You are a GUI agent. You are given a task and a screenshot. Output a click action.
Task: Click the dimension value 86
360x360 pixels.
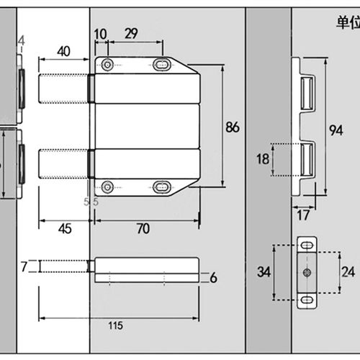(x=232, y=127)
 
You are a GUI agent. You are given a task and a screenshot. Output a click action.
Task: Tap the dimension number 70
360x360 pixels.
(x=143, y=229)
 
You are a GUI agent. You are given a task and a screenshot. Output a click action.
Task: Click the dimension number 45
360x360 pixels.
(x=64, y=229)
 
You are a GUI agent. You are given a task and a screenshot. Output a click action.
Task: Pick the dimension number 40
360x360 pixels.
(x=63, y=51)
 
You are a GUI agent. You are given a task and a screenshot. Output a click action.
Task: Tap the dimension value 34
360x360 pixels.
(x=264, y=273)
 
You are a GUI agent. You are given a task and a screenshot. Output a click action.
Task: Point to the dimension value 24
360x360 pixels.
(x=348, y=273)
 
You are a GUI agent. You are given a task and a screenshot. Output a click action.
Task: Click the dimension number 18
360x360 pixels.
(x=264, y=160)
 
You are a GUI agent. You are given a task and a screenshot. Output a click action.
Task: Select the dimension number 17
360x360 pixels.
(x=302, y=215)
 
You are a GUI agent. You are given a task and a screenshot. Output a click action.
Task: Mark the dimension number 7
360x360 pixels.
(x=24, y=267)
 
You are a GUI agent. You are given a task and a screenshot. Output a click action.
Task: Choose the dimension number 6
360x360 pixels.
(x=213, y=278)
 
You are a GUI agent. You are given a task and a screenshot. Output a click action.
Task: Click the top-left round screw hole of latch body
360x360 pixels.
(x=107, y=65)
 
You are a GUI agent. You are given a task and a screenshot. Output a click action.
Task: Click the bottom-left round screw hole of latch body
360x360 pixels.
(x=107, y=188)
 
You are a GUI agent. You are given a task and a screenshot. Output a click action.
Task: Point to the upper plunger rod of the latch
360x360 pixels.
(x=63, y=89)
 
